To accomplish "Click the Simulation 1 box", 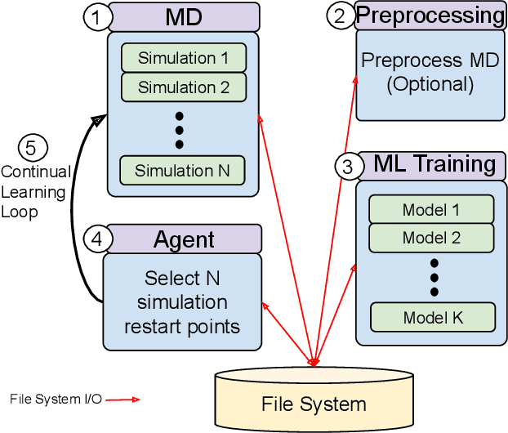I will click(183, 58).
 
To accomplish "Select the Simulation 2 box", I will click(183, 86).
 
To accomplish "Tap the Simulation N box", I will click(183, 171).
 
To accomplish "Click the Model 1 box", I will click(431, 209).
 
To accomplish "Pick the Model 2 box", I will click(431, 238).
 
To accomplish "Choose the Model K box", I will click(432, 316).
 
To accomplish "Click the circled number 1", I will click(97, 17).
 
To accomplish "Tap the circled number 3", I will click(348, 167).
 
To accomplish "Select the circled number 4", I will click(96, 240).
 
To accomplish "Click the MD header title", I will click(184, 16).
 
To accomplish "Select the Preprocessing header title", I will click(430, 16).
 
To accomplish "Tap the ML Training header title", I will click(434, 164).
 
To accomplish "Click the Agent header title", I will click(184, 239).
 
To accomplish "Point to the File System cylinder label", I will click(314, 404).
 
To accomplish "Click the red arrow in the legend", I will click(123, 400).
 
